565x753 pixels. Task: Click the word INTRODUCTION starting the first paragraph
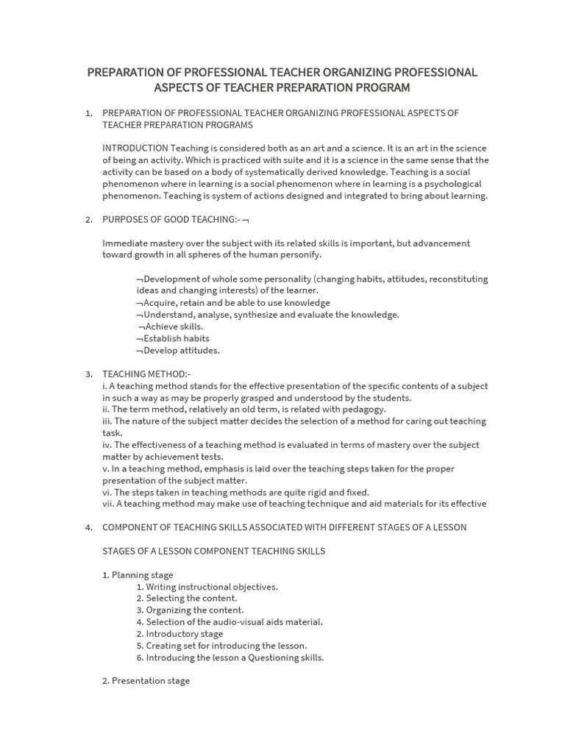pos(135,148)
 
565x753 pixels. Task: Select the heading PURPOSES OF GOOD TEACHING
pos(169,219)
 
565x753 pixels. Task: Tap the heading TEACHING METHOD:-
pos(146,374)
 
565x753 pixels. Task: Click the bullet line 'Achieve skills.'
pos(174,326)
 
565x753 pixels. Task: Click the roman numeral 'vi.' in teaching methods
pos(107,492)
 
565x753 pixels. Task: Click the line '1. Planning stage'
pos(138,575)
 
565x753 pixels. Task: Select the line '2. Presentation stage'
pos(146,681)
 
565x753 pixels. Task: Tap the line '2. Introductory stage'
pos(180,634)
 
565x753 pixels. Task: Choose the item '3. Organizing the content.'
pos(190,610)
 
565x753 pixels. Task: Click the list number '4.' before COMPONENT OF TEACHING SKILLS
pos(89,527)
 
